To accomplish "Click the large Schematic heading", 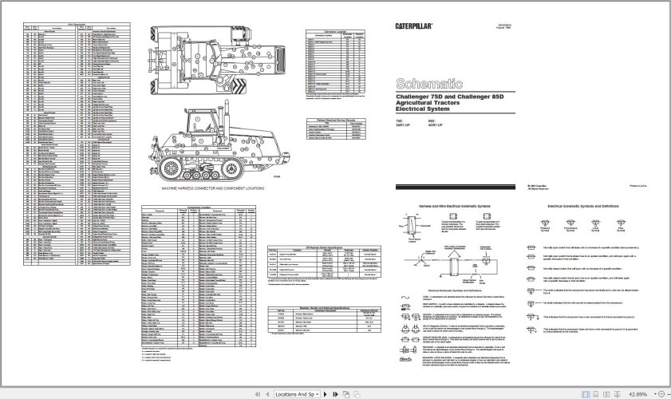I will (429, 83).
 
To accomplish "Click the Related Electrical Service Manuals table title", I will (334, 119).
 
